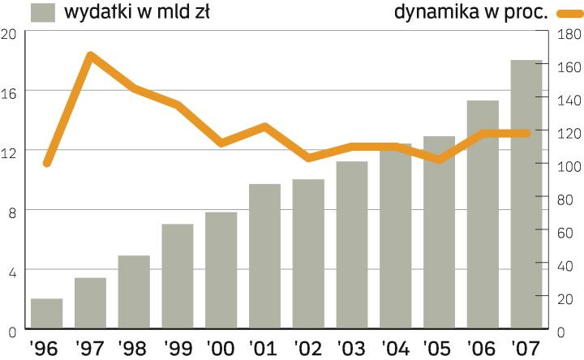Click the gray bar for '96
[47, 315]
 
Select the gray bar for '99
[178, 277]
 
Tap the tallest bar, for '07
[526, 195]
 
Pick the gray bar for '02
[308, 255]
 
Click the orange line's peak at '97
[90, 56]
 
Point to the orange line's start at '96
[47, 163]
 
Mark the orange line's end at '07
[526, 133]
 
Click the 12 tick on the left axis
[9, 151]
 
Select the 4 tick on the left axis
[11, 270]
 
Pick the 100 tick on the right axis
[567, 166]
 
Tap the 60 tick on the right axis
[567, 233]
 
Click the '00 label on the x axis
[220, 349]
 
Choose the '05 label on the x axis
[439, 349]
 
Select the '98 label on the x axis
[133, 349]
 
